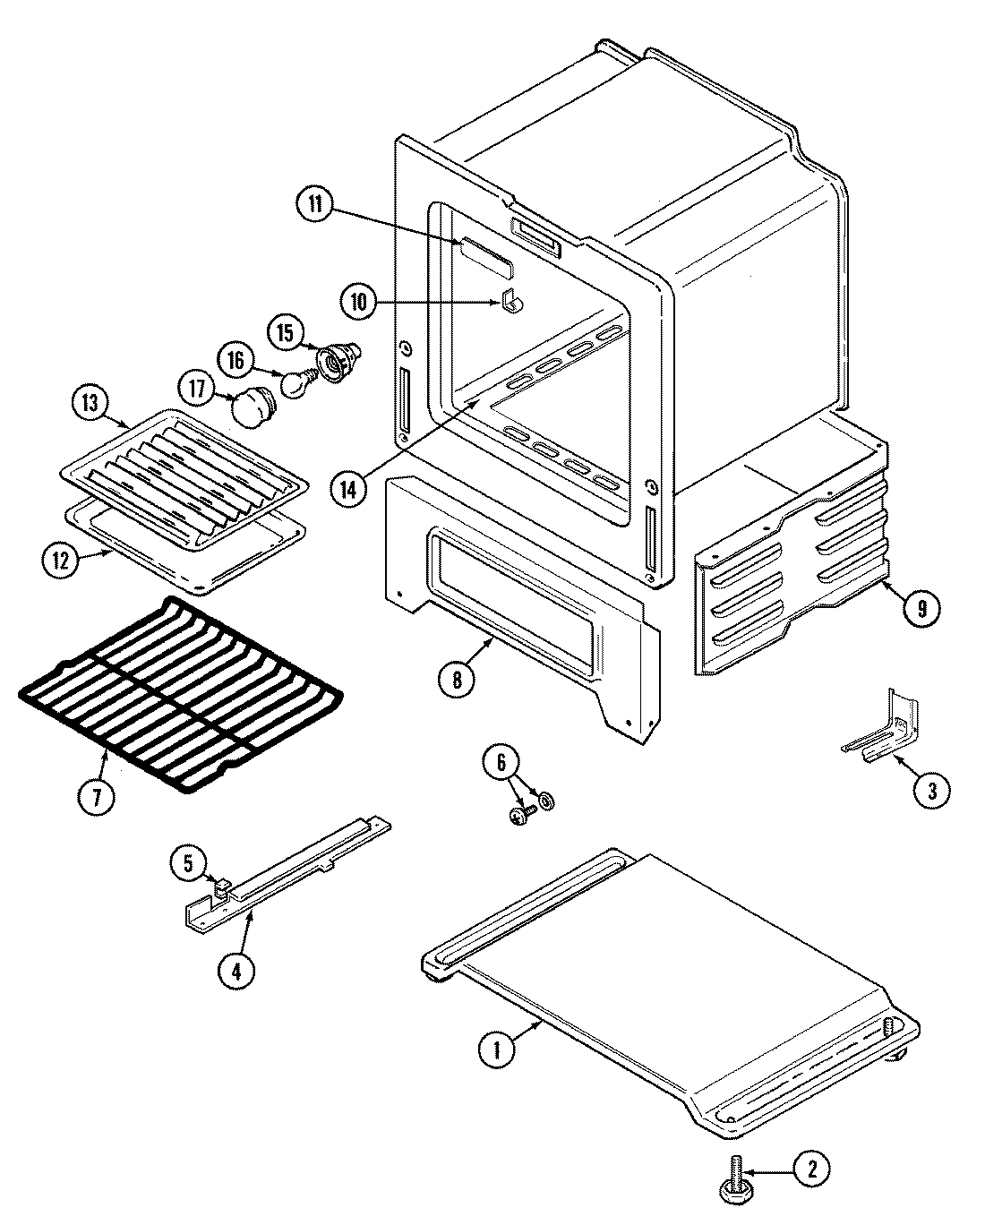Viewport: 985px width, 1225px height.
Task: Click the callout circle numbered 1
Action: pos(495,1049)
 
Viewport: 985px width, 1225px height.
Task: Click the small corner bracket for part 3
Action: pos(882,729)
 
